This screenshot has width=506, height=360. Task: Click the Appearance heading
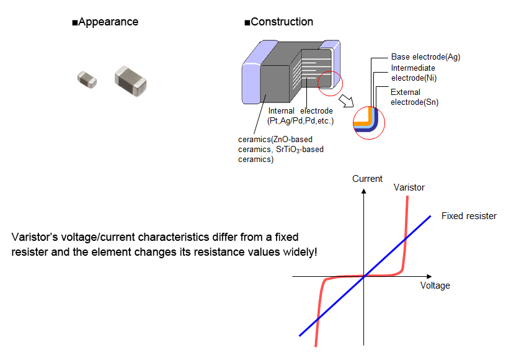pos(105,22)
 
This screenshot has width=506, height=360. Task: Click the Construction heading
pos(278,22)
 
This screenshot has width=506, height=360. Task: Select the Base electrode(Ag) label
pos(425,56)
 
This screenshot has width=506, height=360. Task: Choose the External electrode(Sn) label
pos(415,97)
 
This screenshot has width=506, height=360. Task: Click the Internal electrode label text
pos(300,115)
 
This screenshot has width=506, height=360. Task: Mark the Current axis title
pos(367,179)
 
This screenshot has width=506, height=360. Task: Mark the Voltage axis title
pos(435,286)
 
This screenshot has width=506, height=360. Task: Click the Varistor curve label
pos(409,187)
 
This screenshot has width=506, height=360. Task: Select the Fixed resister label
pos(469,216)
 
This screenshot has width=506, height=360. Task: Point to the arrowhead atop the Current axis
pos(365,190)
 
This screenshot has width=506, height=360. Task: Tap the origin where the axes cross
pos(365,276)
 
